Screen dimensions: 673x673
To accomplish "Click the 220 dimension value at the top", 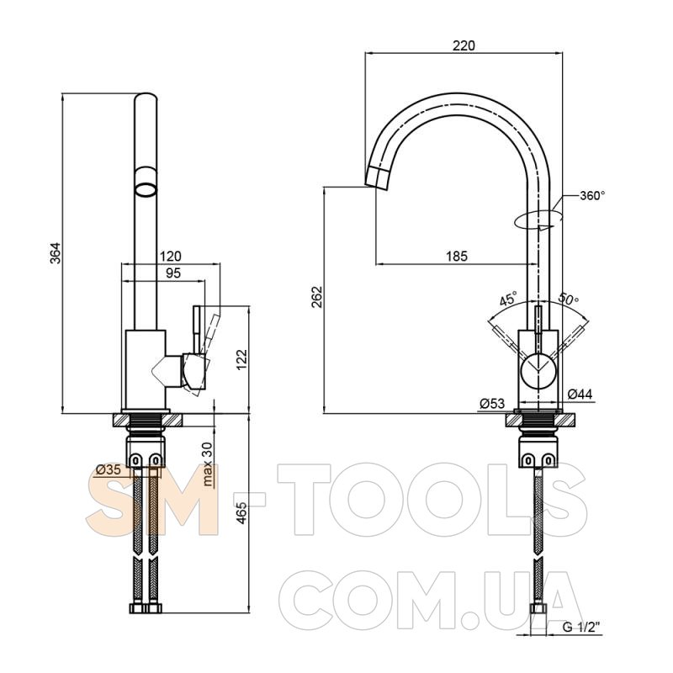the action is pos(464,45).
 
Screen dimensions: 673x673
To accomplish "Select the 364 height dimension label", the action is pos(56,253).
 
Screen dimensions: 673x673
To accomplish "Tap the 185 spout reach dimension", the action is pos(456,257).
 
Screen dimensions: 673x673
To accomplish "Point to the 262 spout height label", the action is pos(317,297).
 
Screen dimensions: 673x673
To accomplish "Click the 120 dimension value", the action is pos(171,257).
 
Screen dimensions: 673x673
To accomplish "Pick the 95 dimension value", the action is pos(173,273).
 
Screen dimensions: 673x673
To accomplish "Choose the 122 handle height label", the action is pos(242,359).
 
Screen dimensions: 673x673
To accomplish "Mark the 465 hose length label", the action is pos(242,512).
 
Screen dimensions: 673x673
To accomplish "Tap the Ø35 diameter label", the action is pos(109,469).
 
